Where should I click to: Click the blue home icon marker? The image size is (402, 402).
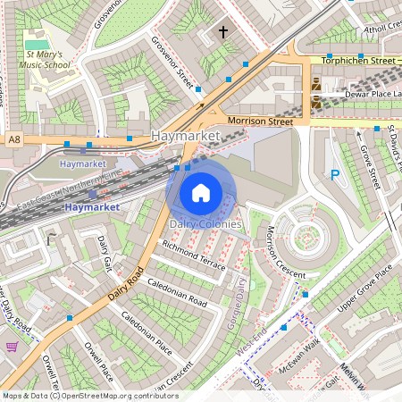201,191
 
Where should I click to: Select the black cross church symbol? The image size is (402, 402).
222,33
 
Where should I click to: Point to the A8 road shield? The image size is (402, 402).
13,140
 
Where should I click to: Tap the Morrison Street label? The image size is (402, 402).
260,120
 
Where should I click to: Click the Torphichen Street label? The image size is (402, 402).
356,61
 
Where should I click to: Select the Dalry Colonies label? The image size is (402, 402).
205,223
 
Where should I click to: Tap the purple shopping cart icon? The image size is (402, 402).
13,347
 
